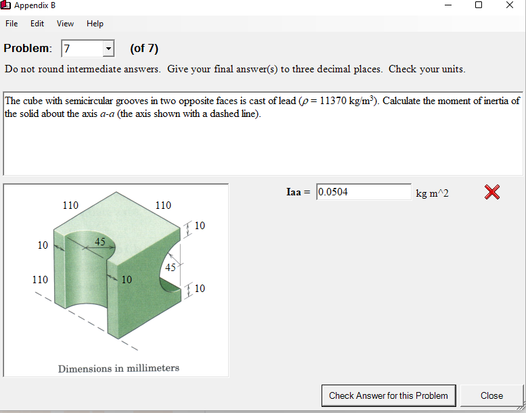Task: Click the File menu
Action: (12, 24)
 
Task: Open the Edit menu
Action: (37, 24)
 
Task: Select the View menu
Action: (66, 24)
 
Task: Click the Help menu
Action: (95, 24)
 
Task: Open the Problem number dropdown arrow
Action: (108, 49)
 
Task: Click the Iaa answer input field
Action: (364, 192)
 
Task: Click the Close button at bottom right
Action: (491, 395)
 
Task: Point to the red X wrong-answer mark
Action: (492, 193)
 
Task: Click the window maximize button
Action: (479, 5)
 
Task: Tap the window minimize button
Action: (447, 5)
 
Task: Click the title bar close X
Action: (510, 5)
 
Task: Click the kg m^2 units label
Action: (432, 193)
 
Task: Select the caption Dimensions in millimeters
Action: (118, 368)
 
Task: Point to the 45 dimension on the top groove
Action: (100, 241)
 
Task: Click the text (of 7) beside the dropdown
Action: (144, 49)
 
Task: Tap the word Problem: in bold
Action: (28, 49)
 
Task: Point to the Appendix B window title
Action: (35, 5)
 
